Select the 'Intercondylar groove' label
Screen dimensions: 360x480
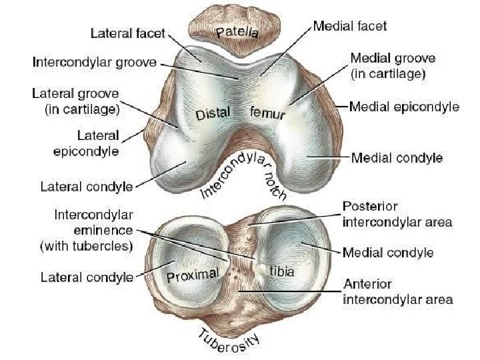[94, 63]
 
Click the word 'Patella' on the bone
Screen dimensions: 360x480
[237, 31]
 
